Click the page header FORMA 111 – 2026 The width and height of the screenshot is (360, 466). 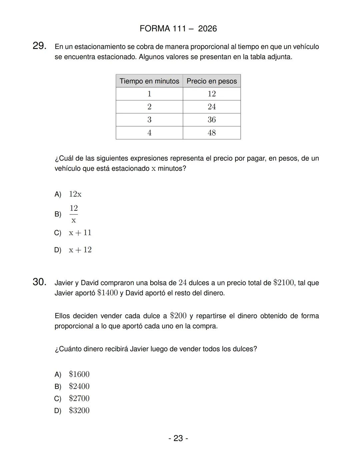pos(178,29)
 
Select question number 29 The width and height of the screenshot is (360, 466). pos(39,46)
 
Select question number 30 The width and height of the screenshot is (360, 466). pos(39,282)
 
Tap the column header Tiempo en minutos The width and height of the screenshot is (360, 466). pos(149,81)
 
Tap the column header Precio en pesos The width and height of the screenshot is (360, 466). pos(212,81)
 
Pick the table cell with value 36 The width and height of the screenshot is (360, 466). pos(212,120)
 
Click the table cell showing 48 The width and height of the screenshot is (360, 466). pos(212,133)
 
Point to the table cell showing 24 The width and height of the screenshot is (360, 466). pos(212,107)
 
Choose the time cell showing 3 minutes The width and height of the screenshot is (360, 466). pos(149,120)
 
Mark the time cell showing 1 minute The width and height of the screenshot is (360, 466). pos(149,94)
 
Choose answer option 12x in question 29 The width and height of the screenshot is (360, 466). pos(75,194)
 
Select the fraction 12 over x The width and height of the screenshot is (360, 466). pos(74,214)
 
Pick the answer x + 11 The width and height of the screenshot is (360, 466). pos(80,233)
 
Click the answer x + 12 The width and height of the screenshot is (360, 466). pos(80,250)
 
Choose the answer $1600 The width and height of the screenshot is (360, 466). pos(79,374)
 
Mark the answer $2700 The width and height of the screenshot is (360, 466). pos(79,398)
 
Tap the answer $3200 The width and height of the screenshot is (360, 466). pos(79,410)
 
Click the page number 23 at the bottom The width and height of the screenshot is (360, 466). pos(178,438)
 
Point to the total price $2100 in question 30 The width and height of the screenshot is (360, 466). pos(284,283)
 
